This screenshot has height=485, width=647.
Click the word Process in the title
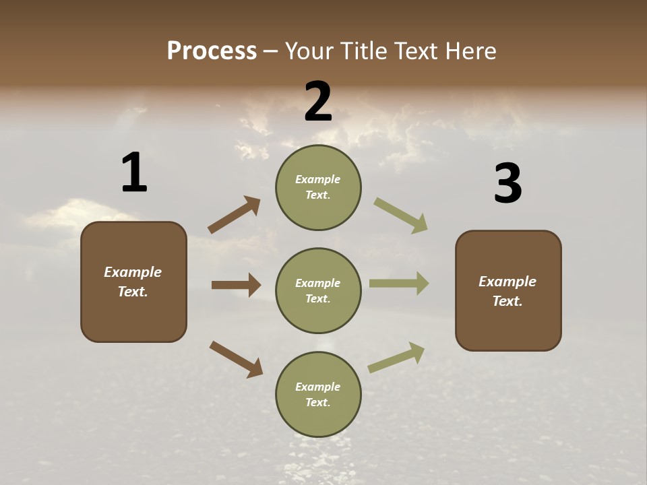tap(212, 51)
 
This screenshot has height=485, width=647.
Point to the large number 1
tap(134, 173)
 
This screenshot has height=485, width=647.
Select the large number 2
tap(318, 102)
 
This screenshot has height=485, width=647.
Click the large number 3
tap(507, 184)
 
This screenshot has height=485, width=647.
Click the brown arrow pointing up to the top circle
tap(234, 215)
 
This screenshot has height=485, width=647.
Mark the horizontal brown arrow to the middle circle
tap(236, 285)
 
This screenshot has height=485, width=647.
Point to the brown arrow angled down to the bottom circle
tap(236, 359)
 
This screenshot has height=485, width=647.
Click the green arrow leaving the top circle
tap(400, 215)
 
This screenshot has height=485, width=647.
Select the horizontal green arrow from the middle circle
tap(399, 284)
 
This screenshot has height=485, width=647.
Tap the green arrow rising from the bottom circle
tap(396, 358)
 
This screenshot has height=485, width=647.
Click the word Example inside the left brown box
tap(133, 272)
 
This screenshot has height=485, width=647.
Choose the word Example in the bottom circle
tap(317, 387)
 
